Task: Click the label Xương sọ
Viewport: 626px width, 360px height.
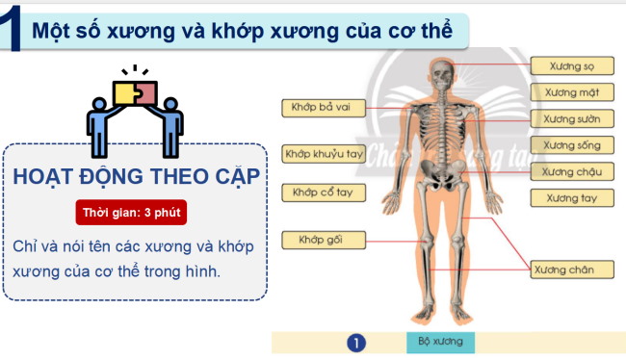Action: [x=572, y=66]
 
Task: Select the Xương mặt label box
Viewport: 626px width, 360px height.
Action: [x=572, y=93]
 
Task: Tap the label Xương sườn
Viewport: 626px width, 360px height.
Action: [x=572, y=119]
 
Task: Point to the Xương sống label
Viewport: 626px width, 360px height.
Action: [x=572, y=145]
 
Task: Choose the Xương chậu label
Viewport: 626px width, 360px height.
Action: [x=572, y=171]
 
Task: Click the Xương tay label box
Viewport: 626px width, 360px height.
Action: [x=572, y=198]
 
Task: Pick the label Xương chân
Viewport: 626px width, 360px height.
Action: [x=572, y=270]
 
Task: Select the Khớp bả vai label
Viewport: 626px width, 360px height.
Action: [x=323, y=108]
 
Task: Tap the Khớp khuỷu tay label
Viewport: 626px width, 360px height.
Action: [x=323, y=153]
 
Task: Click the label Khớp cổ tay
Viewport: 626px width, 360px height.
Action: [x=323, y=193]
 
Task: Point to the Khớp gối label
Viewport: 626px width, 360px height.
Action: [x=323, y=239]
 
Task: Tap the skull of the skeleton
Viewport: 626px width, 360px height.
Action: [x=441, y=73]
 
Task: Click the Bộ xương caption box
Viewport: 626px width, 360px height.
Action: [x=440, y=342]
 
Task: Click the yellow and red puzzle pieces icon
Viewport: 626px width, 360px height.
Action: [x=135, y=91]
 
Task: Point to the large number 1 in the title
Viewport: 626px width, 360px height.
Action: [x=13, y=29]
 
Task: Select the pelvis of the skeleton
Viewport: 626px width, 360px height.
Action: [x=442, y=176]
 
